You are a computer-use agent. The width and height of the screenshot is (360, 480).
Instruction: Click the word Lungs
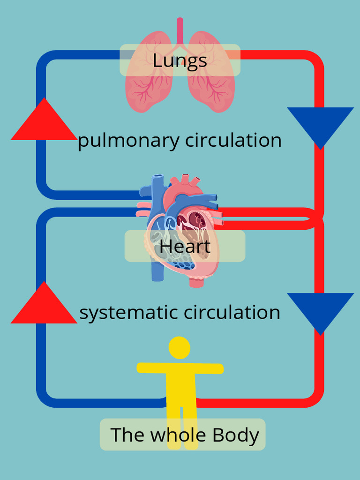pos(180,60)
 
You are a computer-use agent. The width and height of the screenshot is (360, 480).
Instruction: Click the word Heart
pos(185,246)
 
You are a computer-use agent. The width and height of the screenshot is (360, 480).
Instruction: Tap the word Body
pos(236,435)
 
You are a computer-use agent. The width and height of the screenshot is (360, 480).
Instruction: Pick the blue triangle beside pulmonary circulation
pos(320,123)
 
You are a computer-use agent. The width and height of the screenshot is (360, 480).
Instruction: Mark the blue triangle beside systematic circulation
pos(320,309)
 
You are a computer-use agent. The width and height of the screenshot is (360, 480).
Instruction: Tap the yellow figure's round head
pos(180,348)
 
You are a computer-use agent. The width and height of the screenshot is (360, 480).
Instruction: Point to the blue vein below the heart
pos(158,272)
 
